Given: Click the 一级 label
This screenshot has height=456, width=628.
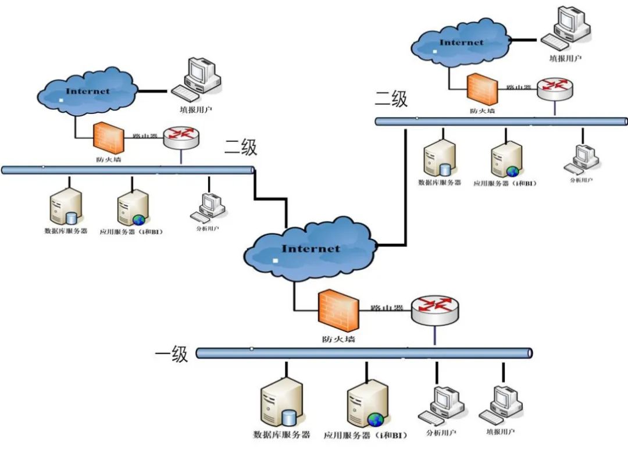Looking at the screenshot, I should (x=172, y=354).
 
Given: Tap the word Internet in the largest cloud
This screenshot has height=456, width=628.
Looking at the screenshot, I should (x=311, y=249).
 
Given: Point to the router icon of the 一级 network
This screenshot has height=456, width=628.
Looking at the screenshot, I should (x=435, y=308).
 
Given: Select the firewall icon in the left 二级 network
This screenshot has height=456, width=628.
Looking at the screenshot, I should (x=108, y=137).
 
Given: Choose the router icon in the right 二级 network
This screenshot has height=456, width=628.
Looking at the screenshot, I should (x=554, y=87).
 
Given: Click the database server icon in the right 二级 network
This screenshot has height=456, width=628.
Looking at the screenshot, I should (x=439, y=158).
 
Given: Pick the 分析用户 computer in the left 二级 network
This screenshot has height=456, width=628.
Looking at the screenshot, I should (x=208, y=207).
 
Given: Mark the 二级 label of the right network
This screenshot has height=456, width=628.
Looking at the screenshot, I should (x=391, y=99).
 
